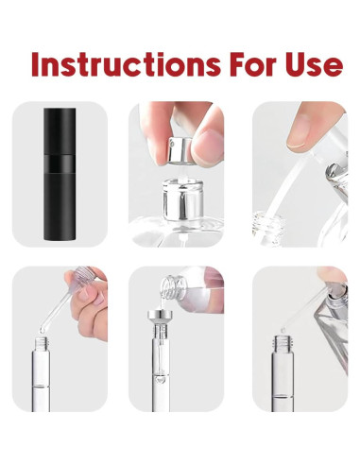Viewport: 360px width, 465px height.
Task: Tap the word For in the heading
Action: pyautogui.click(x=253, y=64)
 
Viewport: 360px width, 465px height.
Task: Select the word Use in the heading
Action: pyautogui.click(x=315, y=64)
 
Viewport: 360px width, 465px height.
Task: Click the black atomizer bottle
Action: pyautogui.click(x=60, y=174)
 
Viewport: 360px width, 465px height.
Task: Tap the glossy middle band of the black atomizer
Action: pyautogui.click(x=60, y=164)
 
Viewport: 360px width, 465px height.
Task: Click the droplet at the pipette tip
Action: pyautogui.click(x=43, y=330)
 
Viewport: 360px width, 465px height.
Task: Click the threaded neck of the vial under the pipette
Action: pyautogui.click(x=42, y=344)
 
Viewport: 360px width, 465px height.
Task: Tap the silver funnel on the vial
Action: pyautogui.click(x=161, y=317)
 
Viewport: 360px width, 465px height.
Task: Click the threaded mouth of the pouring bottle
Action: pyautogui.click(x=170, y=287)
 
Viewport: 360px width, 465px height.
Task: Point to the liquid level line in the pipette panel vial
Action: pyautogui.click(x=41, y=387)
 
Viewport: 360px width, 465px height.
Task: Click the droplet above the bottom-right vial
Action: pyautogui.click(x=283, y=330)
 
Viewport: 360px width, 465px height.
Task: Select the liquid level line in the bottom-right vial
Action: pyautogui.click(x=283, y=396)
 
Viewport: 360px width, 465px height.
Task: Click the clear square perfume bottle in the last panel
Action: pyautogui.click(x=334, y=328)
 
